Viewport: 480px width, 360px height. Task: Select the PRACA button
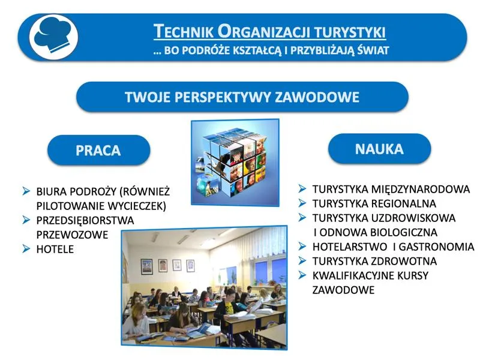(98, 150)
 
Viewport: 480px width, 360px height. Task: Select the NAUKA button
(379, 149)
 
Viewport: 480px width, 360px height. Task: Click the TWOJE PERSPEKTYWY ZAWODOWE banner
(242, 97)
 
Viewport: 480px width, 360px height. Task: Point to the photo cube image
(235, 161)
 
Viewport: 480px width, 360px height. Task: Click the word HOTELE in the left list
(55, 249)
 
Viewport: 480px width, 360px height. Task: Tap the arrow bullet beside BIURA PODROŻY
(26, 191)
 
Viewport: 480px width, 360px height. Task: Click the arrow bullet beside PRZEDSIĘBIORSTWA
(26, 220)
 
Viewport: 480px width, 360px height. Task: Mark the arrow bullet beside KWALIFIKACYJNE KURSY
(303, 275)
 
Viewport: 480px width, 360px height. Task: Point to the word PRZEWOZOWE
(72, 235)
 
